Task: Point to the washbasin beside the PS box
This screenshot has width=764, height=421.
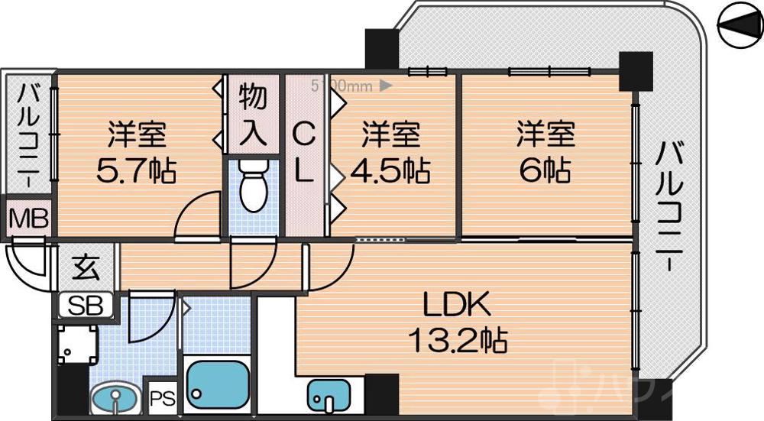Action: [115, 400]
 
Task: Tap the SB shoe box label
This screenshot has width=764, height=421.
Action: [86, 306]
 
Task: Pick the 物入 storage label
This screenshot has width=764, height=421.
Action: [253, 114]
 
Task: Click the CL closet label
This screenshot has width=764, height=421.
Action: [304, 153]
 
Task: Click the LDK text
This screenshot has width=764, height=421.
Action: [456, 307]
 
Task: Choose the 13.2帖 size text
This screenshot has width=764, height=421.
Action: [456, 339]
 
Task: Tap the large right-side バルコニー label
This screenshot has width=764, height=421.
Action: [670, 206]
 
